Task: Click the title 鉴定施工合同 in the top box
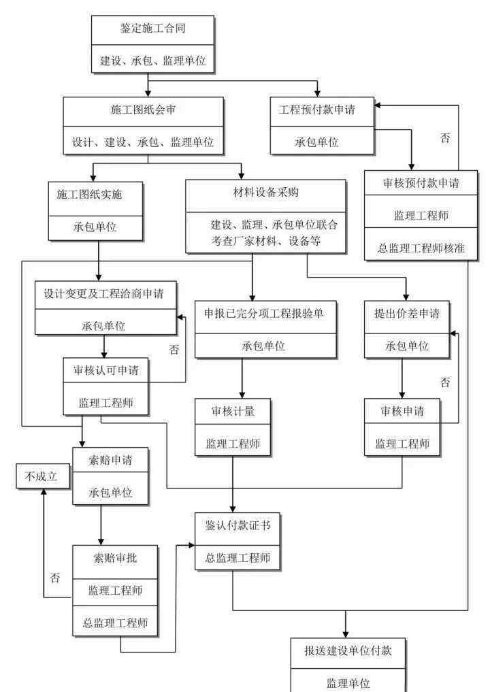point(152,29)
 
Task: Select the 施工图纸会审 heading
point(143,110)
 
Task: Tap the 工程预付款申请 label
point(316,110)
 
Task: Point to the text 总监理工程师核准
point(421,248)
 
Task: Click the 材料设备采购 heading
point(265,192)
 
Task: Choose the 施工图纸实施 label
point(89,194)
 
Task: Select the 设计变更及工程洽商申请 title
point(103,293)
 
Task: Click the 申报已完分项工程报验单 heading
point(263,314)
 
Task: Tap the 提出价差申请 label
point(406,314)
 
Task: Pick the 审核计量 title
point(233,411)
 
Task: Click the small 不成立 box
point(43,476)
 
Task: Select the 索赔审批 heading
point(115,558)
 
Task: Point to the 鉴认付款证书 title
point(238,525)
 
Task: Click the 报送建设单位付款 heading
point(348,650)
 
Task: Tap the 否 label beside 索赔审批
point(54,578)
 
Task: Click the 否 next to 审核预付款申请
point(445,138)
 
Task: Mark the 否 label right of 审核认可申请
point(174,350)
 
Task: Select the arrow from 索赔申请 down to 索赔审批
point(101,525)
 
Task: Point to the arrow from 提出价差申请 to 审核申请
point(402,378)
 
